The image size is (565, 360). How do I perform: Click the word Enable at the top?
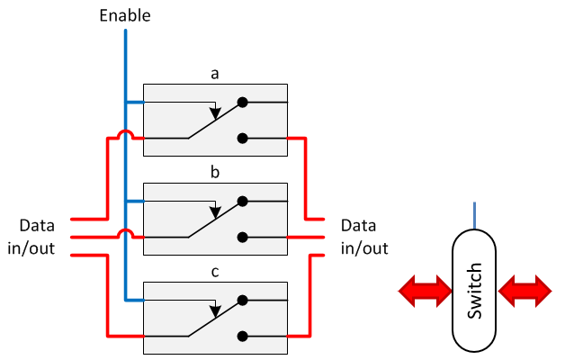coord(125,14)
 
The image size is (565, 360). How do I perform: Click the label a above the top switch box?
coord(215,74)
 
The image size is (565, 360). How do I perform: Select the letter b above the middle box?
coord(215,172)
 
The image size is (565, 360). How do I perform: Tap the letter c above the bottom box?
coord(215,271)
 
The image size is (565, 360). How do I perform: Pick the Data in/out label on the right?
coord(364,237)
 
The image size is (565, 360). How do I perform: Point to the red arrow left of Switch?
coord(426,291)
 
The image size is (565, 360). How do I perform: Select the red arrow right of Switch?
coord(525,291)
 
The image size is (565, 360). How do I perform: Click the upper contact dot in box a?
coord(242,103)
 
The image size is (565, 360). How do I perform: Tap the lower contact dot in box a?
coord(242,138)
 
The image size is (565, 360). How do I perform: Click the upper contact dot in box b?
coord(242,202)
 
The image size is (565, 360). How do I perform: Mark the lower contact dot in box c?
coord(242,336)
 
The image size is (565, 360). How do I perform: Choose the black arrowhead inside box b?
coord(214,213)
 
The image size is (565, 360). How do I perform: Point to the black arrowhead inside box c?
coord(214,312)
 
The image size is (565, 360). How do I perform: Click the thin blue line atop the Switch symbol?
coord(475,216)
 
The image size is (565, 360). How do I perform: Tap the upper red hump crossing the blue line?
coord(125,134)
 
